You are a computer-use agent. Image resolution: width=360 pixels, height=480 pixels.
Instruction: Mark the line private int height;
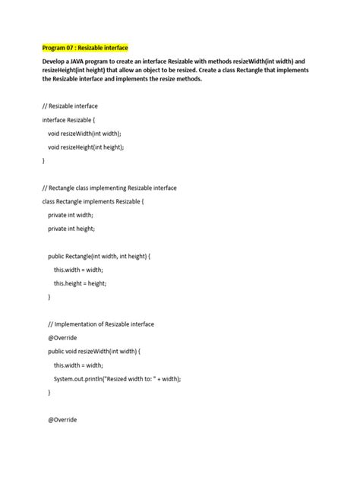(72, 228)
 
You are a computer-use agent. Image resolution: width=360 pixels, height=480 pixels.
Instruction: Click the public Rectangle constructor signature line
(99, 257)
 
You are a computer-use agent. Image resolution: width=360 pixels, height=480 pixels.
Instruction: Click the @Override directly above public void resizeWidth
(62, 338)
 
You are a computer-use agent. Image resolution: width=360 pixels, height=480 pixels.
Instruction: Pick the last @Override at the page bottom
(62, 419)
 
